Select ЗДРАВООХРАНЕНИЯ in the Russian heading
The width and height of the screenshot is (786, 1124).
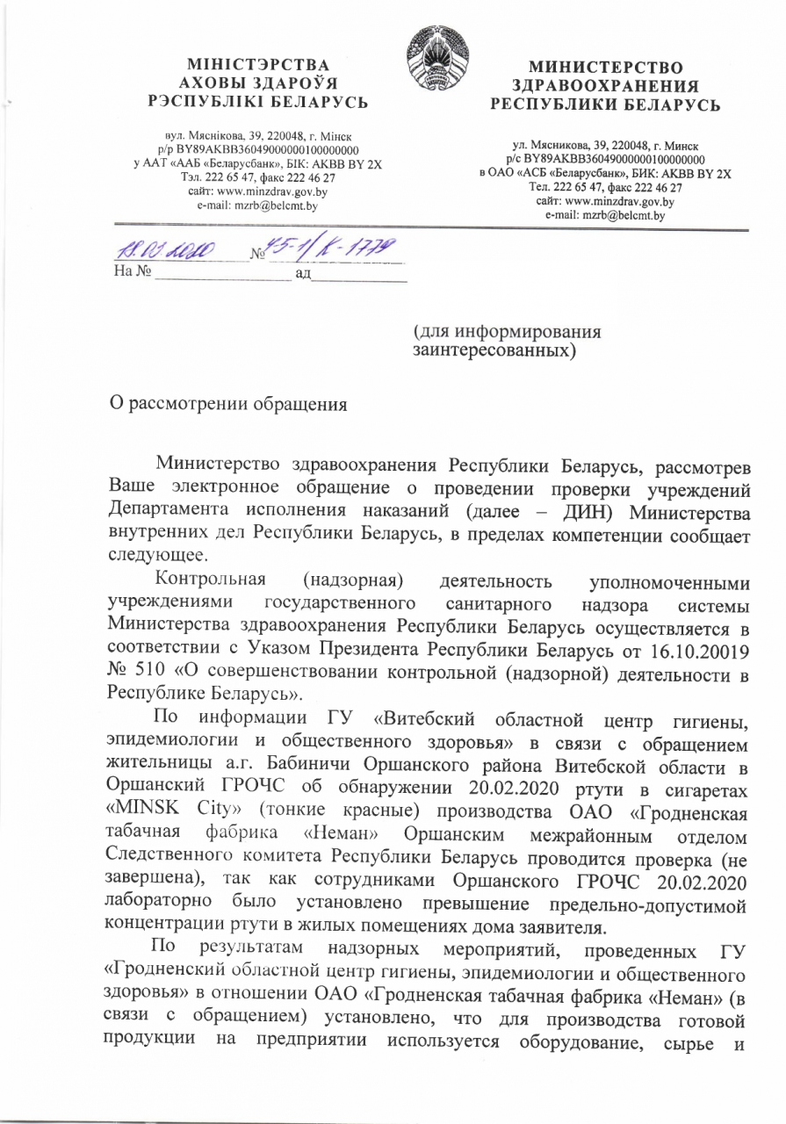[606, 86]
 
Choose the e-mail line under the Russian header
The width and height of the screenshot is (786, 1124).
[605, 214]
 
